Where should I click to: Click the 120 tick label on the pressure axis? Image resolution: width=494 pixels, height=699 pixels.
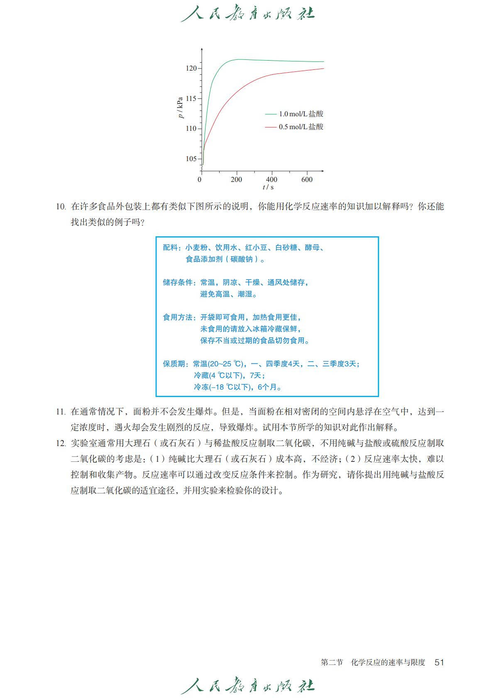tap(191, 69)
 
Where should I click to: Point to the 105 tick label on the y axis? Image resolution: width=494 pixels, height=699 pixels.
tap(191, 159)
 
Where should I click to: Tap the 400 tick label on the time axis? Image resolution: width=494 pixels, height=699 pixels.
tap(271, 179)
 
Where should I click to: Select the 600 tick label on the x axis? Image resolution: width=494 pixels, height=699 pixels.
tap(307, 179)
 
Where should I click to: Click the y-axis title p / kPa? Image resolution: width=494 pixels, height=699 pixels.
tap(180, 108)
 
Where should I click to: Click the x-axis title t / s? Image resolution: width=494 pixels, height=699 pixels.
tap(268, 187)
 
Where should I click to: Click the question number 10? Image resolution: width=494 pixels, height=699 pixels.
tap(61, 207)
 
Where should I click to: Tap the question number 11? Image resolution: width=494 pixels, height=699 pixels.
tap(61, 412)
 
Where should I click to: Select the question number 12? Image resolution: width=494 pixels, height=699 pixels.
tap(61, 444)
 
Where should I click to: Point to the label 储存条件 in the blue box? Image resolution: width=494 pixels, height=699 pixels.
tap(178, 282)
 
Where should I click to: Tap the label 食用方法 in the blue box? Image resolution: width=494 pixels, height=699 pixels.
tap(178, 317)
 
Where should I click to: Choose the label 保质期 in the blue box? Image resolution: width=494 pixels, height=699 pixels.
tap(174, 364)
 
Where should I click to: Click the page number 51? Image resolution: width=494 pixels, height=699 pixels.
tap(439, 662)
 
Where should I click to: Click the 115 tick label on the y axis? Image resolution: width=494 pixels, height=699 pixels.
tap(191, 99)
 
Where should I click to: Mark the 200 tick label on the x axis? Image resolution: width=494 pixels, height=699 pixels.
tap(236, 179)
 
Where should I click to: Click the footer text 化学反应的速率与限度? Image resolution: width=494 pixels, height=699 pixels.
tap(388, 662)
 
